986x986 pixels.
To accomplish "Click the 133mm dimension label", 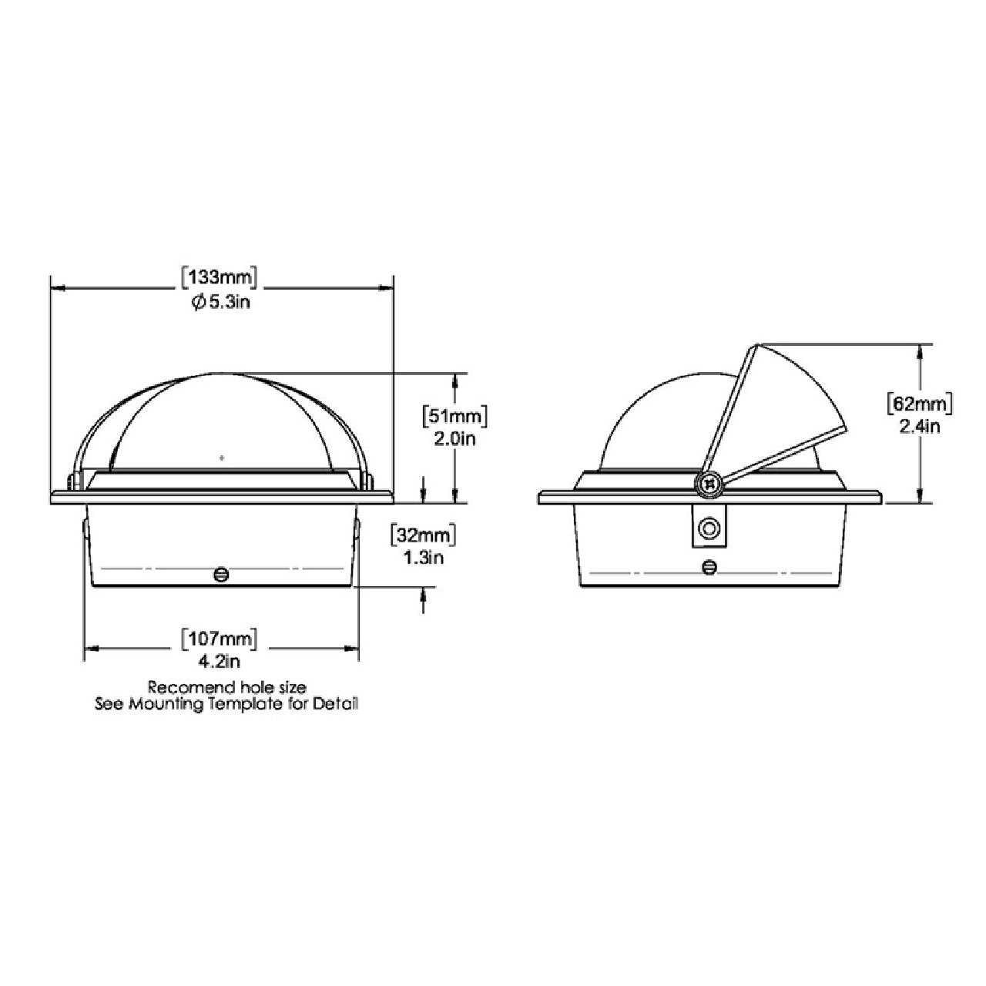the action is click(220, 278).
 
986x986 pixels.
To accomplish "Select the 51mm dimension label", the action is click(454, 416).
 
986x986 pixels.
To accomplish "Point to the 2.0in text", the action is click(455, 439).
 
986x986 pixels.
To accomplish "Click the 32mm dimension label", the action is click(423, 535).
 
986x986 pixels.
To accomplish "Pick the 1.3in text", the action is click(424, 558).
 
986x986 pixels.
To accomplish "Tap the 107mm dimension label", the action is click(220, 639).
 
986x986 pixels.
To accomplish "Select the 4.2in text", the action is click(220, 662).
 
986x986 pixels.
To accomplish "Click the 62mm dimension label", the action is click(920, 404).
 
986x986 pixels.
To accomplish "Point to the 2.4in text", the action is click(920, 426).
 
